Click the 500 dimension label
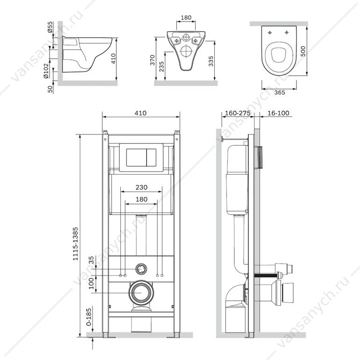tap(303, 51)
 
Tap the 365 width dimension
tap(279, 92)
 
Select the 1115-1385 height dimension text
tap(75, 244)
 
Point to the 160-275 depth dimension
tap(237, 113)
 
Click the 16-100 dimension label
tap(278, 113)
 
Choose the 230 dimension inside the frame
tap(141, 187)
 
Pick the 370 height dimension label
tap(152, 60)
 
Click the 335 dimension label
tap(211, 61)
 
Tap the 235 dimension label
tap(162, 66)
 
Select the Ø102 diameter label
tap(46, 71)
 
